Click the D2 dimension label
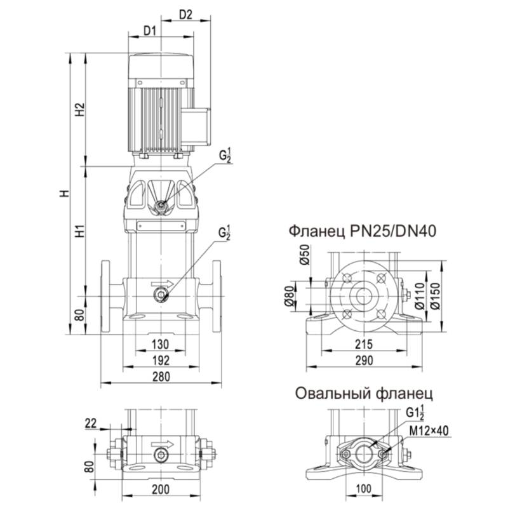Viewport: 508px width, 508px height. tap(186, 15)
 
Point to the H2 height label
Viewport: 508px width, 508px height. tap(79, 109)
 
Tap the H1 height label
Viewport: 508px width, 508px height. tap(79, 231)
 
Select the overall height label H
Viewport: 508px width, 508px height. tap(63, 193)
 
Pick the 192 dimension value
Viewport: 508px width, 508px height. tap(161, 360)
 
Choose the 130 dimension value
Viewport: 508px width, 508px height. tap(161, 344)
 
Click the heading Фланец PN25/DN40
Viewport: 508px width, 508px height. tap(362, 230)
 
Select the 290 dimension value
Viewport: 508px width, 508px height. tap(363, 360)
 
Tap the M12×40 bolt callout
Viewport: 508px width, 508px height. tap(429, 431)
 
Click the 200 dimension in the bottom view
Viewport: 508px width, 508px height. tap(161, 489)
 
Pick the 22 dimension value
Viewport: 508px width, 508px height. tap(90, 422)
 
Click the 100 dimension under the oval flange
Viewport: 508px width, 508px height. tap(363, 490)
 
